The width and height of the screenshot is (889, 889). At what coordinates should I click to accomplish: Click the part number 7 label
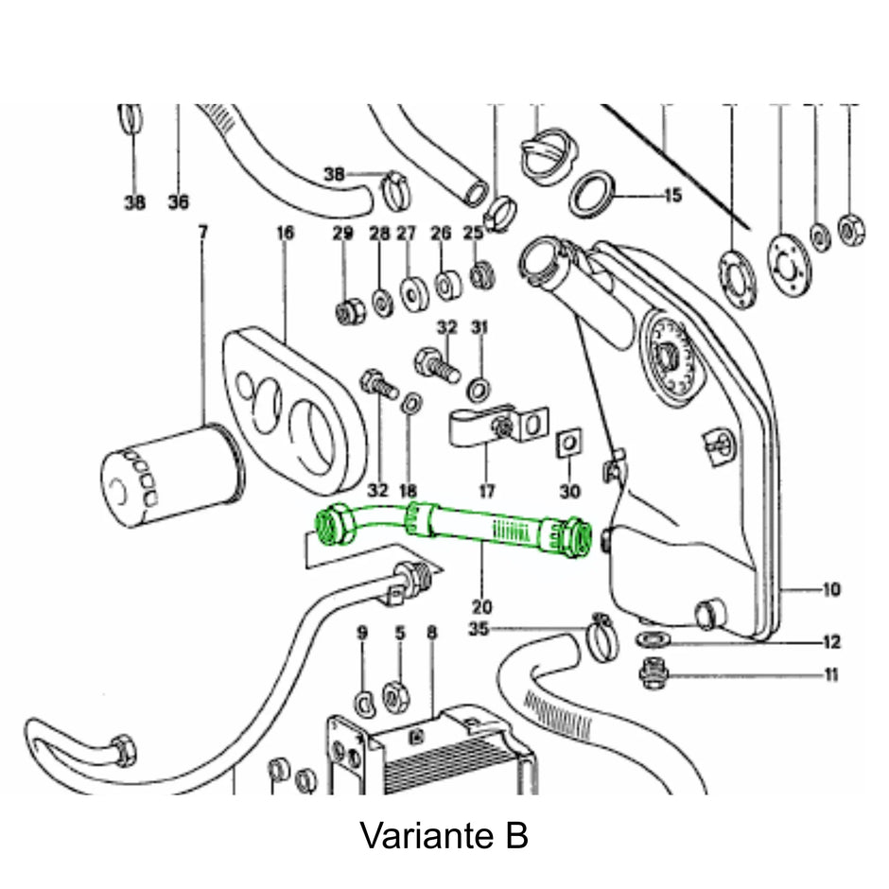click(x=201, y=231)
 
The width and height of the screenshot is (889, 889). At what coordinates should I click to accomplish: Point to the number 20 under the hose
click(x=482, y=606)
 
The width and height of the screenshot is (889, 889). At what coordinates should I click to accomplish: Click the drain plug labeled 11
click(x=652, y=675)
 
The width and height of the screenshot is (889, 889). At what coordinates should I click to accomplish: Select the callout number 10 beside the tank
click(x=830, y=591)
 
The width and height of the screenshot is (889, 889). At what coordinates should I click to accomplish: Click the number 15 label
click(x=672, y=197)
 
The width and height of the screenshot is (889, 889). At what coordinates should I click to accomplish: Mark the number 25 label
click(x=473, y=233)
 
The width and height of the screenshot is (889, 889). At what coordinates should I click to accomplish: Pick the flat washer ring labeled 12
click(x=653, y=641)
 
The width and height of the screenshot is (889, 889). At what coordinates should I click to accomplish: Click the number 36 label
click(x=179, y=201)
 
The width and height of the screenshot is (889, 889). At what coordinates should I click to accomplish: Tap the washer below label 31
click(x=479, y=386)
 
